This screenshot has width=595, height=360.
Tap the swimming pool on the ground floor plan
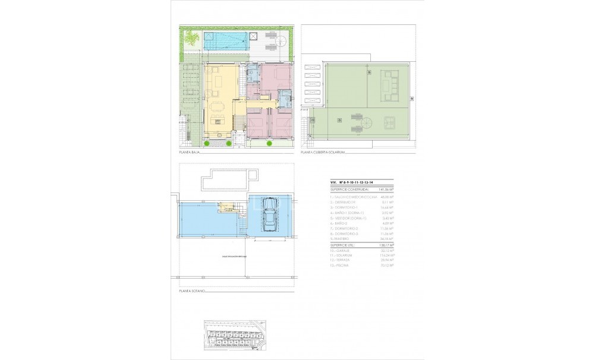coord(226,40)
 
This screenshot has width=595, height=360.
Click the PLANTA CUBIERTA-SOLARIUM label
coord(323,153)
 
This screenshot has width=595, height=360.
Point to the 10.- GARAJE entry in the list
coord(341,250)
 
